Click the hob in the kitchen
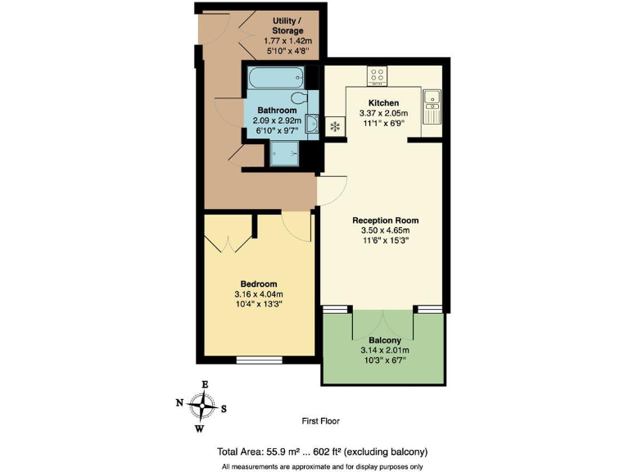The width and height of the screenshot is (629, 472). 378,75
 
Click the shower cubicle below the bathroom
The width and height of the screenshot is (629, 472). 286,153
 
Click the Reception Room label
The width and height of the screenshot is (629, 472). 385,220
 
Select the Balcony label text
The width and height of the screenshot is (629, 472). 384,340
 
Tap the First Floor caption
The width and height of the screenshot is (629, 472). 320,421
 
